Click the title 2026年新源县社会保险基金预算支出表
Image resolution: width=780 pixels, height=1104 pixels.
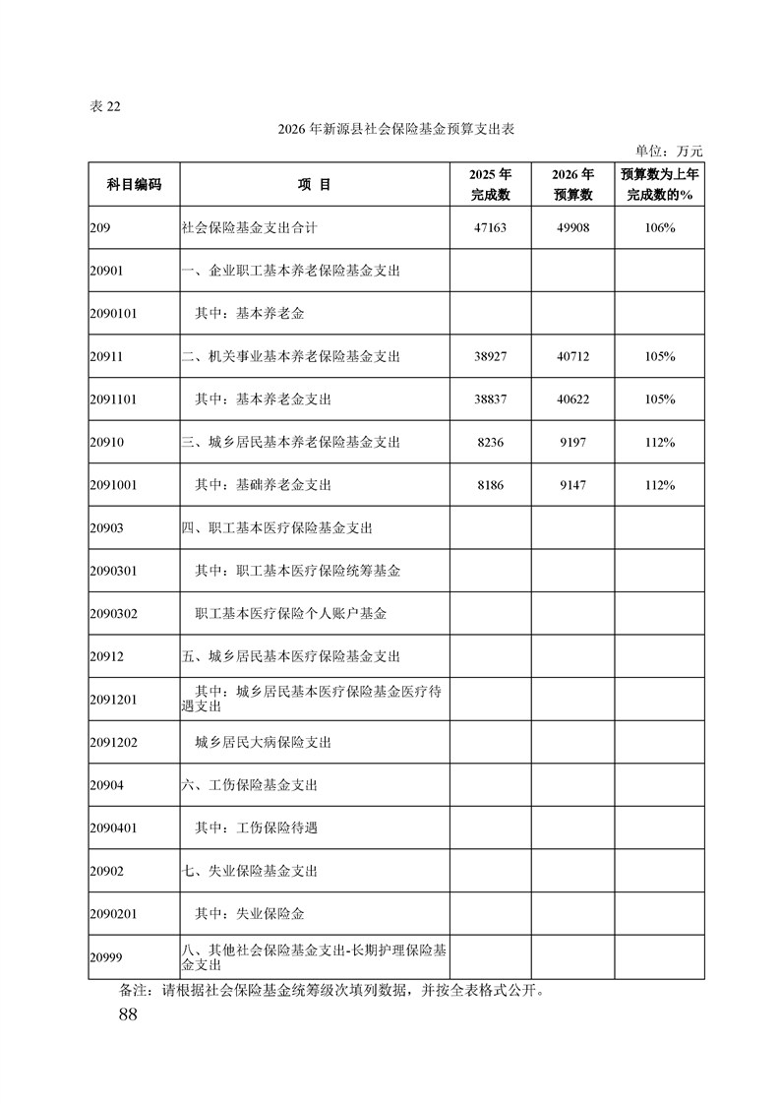point(390,130)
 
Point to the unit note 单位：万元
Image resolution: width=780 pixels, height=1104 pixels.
point(669,152)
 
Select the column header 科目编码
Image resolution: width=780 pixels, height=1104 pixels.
point(134,184)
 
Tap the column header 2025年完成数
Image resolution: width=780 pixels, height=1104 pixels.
point(491,184)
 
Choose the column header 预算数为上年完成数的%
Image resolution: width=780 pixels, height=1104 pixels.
point(659,184)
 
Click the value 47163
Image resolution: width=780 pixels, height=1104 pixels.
point(491,227)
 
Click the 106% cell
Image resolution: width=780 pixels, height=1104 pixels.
point(659,227)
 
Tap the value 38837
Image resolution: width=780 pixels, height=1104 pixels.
point(491,399)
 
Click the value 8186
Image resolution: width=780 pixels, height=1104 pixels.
point(491,485)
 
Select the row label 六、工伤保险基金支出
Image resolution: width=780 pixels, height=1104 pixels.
point(250,785)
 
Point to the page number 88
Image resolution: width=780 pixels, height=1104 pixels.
point(127,1014)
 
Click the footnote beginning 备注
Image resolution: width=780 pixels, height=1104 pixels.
point(330,990)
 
